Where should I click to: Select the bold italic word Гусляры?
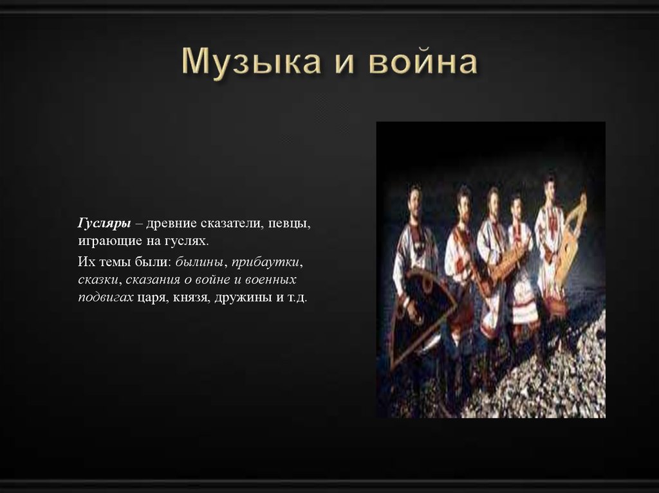(x=105, y=222)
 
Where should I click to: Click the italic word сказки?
(x=98, y=281)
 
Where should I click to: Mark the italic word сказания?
(x=153, y=281)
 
